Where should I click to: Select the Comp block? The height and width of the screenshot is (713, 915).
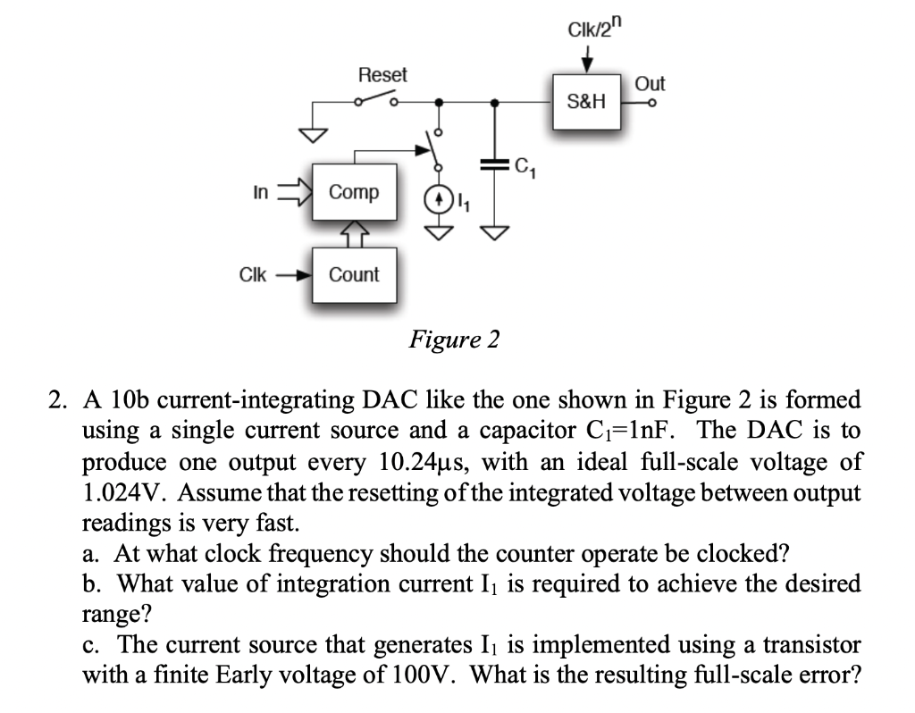tap(354, 191)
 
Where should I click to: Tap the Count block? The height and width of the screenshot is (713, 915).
tap(354, 274)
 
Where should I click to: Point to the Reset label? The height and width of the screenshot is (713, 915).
tap(382, 74)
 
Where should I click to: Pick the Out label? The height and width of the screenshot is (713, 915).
tap(650, 83)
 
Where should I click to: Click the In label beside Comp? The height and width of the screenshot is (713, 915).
tap(261, 191)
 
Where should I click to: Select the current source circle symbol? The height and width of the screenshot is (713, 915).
tap(438, 197)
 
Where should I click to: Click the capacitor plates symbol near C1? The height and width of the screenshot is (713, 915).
tap(494, 165)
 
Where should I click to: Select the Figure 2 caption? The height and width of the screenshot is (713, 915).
tap(454, 340)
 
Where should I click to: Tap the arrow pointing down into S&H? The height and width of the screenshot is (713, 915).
tap(588, 61)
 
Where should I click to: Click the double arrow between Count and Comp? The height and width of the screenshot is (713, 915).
tap(354, 233)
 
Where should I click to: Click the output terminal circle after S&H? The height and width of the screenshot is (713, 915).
tap(653, 103)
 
